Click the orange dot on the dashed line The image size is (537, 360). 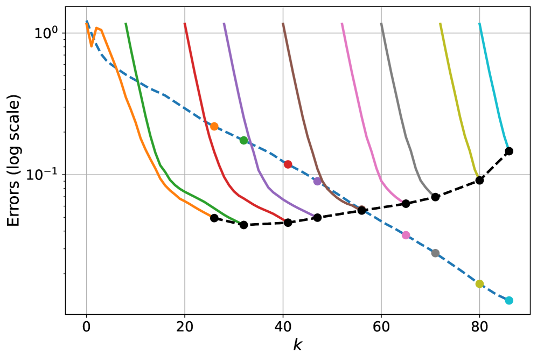coord(214,127)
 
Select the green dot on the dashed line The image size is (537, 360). coord(243,141)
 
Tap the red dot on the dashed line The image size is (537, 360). coord(288,164)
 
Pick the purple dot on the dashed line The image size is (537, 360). coord(317,181)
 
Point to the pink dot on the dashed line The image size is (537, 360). coord(406,235)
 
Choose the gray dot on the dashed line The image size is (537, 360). coord(435,253)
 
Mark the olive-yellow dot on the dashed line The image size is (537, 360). coord(479,284)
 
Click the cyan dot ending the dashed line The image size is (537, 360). coord(509,300)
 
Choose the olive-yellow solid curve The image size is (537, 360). coord(458,108)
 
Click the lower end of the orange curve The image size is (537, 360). coord(210,216)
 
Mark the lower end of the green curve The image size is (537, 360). coord(239,222)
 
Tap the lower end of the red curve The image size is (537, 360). coord(283,220)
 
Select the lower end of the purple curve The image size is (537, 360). coord(313,216)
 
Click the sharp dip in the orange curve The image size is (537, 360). coord(92,46)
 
